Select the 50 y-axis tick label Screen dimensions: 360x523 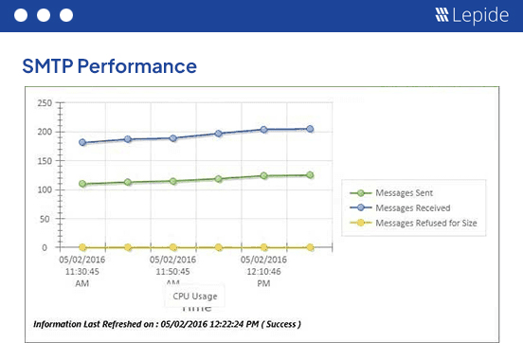pyautogui.click(x=43, y=219)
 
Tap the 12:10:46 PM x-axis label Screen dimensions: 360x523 pyautogui.click(x=264, y=270)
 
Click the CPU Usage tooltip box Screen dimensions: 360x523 pyautogui.click(x=194, y=296)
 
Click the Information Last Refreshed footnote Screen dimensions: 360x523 pyautogui.click(x=167, y=324)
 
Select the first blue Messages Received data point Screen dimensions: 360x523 pyautogui.click(x=83, y=143)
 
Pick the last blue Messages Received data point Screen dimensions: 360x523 pyautogui.click(x=310, y=129)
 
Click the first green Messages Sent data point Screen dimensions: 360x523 pyautogui.click(x=83, y=184)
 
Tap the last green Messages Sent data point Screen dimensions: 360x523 pyautogui.click(x=310, y=175)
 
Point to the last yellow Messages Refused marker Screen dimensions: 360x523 pyautogui.click(x=310, y=247)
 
